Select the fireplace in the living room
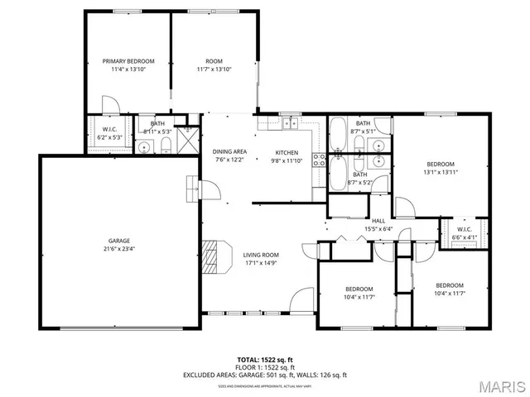(214, 256)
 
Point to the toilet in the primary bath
(166, 147)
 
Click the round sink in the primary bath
(145, 148)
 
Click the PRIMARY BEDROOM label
(128, 61)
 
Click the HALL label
(378, 221)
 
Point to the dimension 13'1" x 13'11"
(441, 172)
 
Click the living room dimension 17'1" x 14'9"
(261, 263)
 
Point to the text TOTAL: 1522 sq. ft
(265, 359)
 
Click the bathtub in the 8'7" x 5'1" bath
(339, 133)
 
